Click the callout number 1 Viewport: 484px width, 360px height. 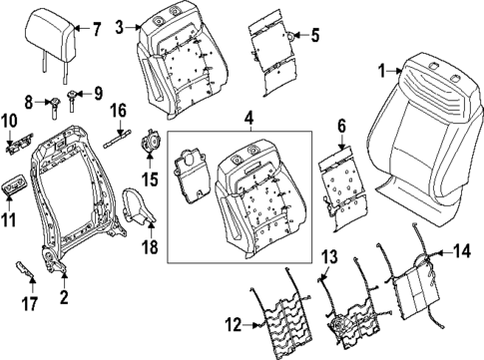(380, 70)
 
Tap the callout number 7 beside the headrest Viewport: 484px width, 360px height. (97, 27)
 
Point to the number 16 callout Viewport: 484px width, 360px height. (119, 109)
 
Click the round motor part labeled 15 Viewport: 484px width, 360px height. (153, 141)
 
